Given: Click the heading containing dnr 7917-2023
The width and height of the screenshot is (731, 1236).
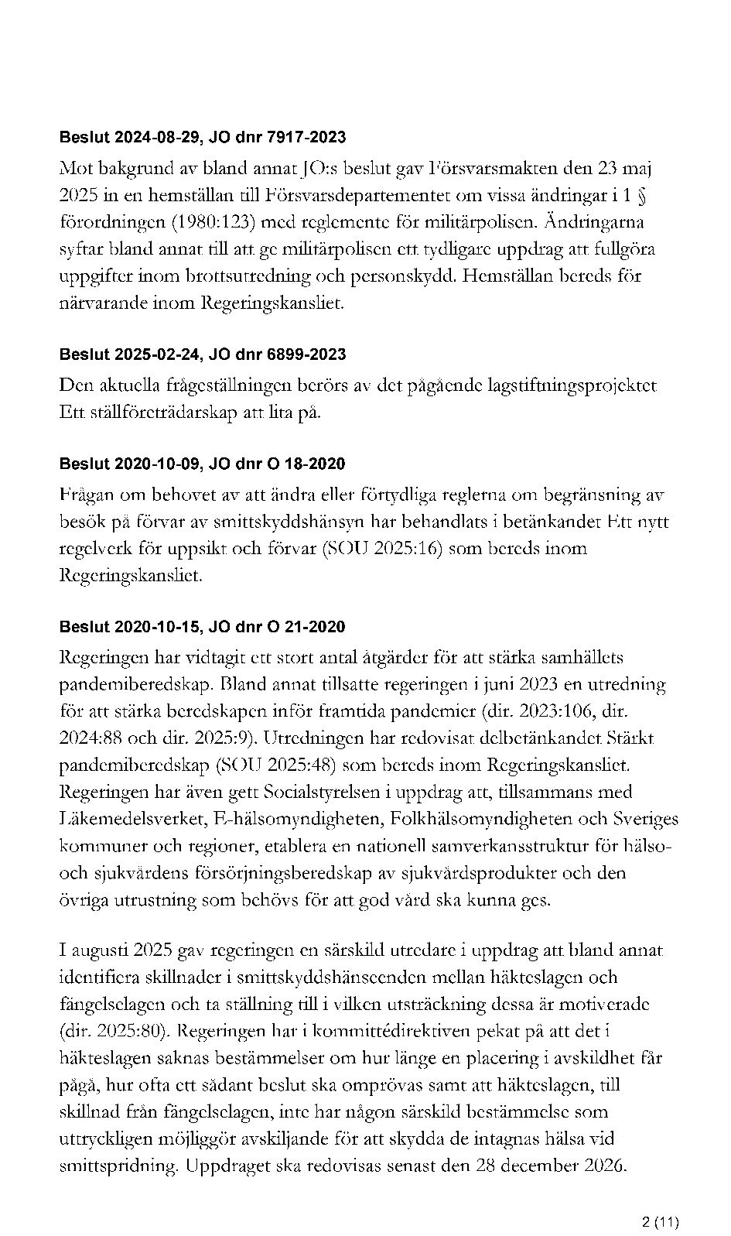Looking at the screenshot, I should pyautogui.click(x=203, y=138).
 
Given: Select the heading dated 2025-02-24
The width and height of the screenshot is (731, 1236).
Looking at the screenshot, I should pyautogui.click(x=203, y=354).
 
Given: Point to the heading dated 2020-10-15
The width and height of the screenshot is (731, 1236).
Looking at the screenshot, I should pyautogui.click(x=203, y=627).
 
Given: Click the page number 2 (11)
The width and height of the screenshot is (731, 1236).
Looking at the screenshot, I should pyautogui.click(x=661, y=1200).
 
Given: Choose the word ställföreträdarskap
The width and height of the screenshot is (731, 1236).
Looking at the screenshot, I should pyautogui.click(x=159, y=413).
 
